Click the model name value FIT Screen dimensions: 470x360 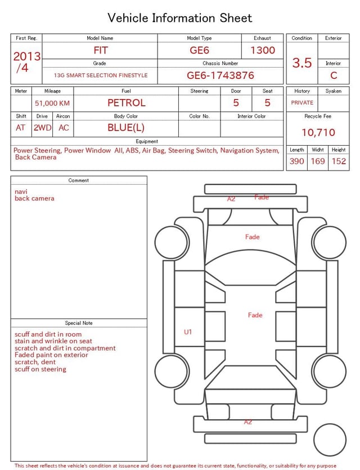(101, 50)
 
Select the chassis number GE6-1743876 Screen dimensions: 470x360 (220, 75)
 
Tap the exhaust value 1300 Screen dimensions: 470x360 (263, 50)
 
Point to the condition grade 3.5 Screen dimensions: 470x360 (302, 62)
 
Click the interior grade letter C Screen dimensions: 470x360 (334, 75)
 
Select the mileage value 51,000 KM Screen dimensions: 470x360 (52, 103)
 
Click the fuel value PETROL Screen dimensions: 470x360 (127, 102)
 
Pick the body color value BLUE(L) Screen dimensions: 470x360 (126, 127)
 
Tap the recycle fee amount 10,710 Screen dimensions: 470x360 (318, 132)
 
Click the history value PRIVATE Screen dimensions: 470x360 (302, 102)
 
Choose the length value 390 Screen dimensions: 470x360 (296, 161)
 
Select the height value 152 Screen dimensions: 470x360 (339, 161)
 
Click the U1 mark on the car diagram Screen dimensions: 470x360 (188, 332)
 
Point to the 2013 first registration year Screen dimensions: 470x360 (27, 56)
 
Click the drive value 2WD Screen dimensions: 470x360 (42, 127)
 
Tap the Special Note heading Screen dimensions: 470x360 (79, 323)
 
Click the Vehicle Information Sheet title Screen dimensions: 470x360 (180, 18)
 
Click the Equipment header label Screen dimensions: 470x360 (147, 141)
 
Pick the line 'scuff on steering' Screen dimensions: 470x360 (40, 369)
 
